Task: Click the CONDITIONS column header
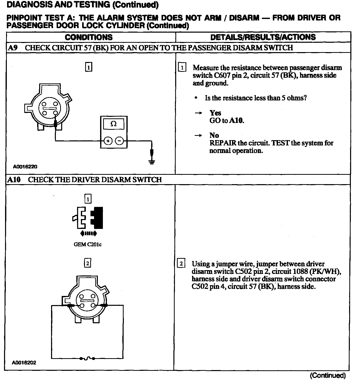[88, 37]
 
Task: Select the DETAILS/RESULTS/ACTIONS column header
[263, 37]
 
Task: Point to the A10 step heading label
[14, 180]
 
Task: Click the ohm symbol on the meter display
[114, 124]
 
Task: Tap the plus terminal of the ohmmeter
[108, 141]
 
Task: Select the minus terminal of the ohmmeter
[119, 141]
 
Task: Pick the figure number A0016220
[25, 167]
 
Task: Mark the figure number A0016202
[24, 363]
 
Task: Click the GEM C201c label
[87, 245]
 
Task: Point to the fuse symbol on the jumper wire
[87, 358]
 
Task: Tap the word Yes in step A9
[215, 113]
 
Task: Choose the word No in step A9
[214, 135]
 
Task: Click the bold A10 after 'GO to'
[237, 121]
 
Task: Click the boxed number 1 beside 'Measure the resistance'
[182, 68]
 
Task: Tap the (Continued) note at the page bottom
[328, 375]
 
